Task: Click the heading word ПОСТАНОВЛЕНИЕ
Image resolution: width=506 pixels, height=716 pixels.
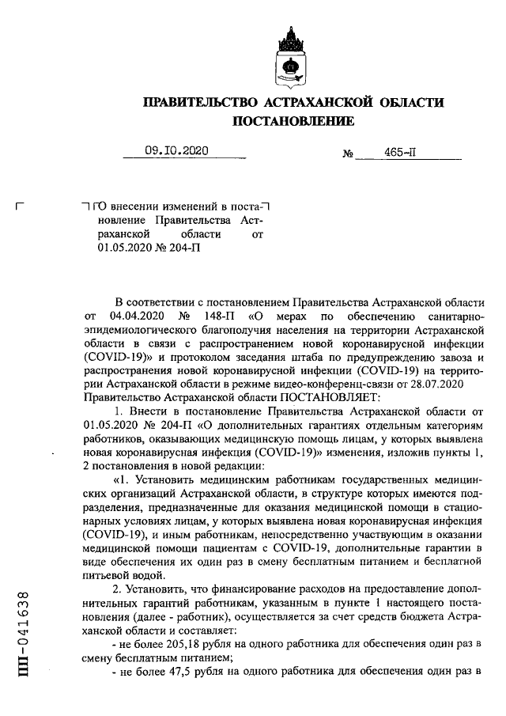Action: click(x=293, y=121)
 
